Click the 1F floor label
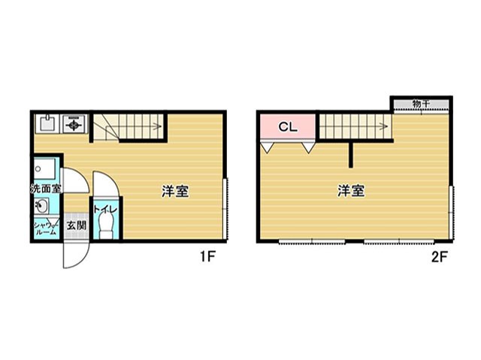(x=207, y=256)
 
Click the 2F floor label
(x=440, y=257)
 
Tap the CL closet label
(x=288, y=127)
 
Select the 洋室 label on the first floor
(x=175, y=191)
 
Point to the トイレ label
(x=105, y=210)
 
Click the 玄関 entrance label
(x=77, y=225)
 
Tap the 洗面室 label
(x=46, y=189)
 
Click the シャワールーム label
(x=46, y=228)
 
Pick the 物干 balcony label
(x=421, y=104)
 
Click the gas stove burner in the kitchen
(x=74, y=124)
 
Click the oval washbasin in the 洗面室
(x=41, y=206)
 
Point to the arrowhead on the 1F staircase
(x=159, y=126)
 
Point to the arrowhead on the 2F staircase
(x=384, y=126)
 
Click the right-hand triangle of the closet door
(x=308, y=147)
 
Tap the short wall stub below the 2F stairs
(x=351, y=155)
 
